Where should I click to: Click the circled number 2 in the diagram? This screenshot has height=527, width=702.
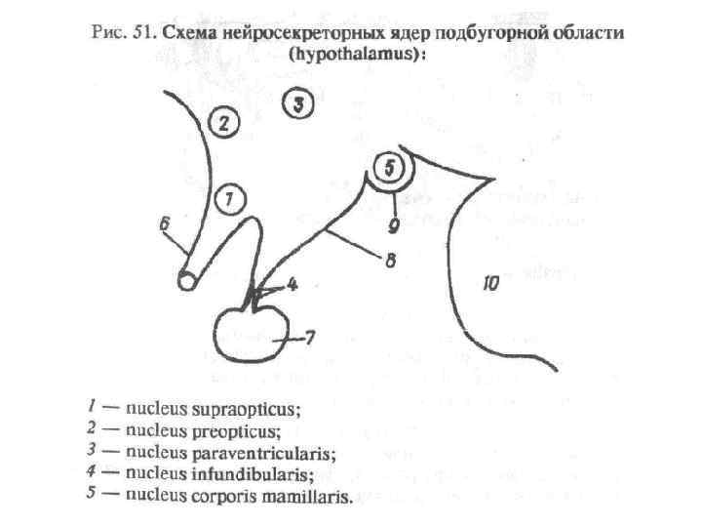(x=223, y=124)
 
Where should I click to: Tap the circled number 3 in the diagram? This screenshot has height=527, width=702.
(x=299, y=101)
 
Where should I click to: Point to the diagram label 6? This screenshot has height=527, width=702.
(x=165, y=223)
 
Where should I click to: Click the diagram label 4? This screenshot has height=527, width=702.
(x=292, y=286)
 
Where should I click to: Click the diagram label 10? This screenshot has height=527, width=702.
(x=490, y=283)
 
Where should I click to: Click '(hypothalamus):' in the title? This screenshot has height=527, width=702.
(x=358, y=55)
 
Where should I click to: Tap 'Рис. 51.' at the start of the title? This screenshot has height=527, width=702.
(x=123, y=32)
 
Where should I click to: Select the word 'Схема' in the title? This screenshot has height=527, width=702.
(x=191, y=32)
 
